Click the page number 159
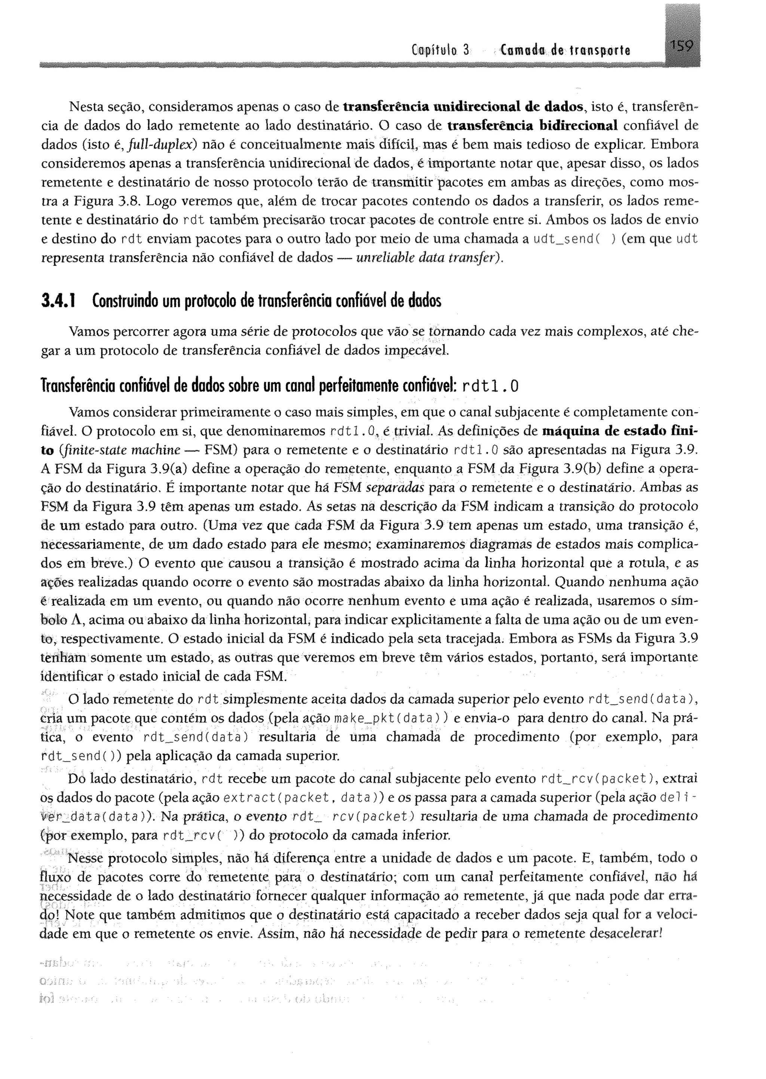pos(681,47)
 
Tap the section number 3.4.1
pos(60,301)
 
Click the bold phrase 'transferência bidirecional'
pos(532,126)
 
